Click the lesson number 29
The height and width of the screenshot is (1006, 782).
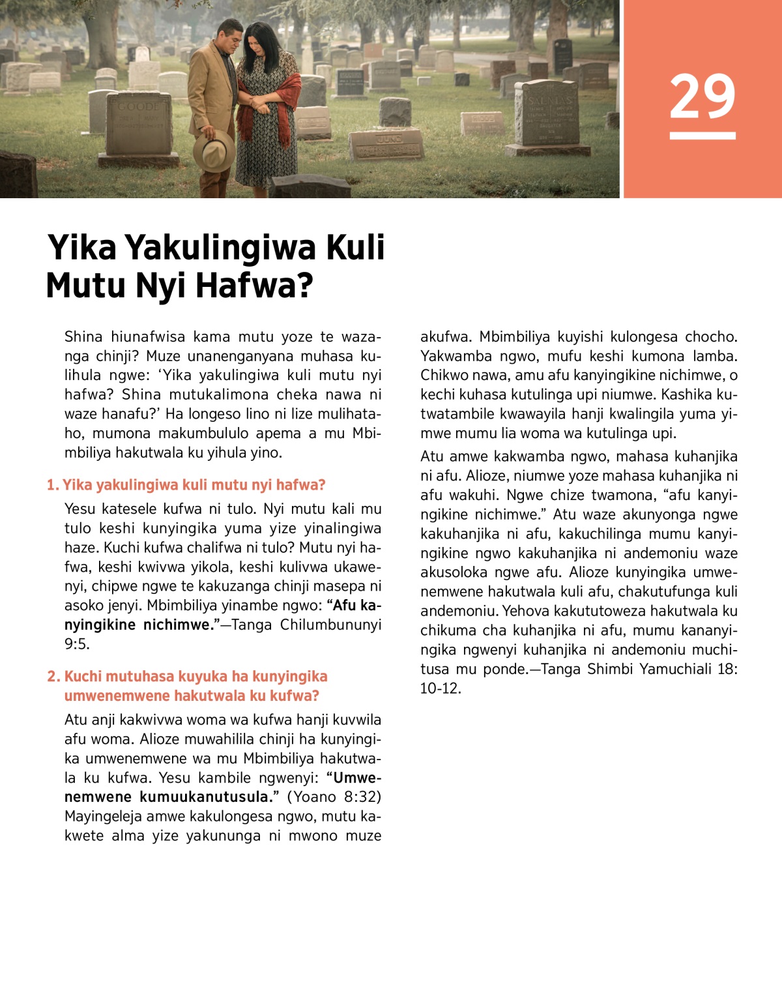(x=702, y=96)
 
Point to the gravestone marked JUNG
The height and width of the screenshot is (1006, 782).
(x=387, y=144)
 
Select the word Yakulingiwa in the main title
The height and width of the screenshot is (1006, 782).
(x=221, y=248)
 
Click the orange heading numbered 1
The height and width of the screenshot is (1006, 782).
(x=186, y=485)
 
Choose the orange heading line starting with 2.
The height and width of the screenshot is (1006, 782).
(x=187, y=677)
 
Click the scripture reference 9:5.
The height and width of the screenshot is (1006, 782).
(x=76, y=644)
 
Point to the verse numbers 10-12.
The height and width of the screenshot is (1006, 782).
(x=440, y=688)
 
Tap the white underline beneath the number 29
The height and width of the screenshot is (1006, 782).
(x=702, y=136)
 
